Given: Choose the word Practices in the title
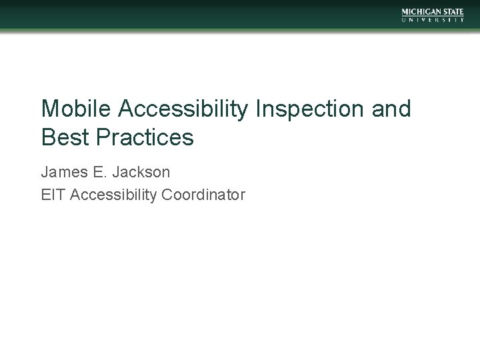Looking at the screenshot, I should pyautogui.click(x=145, y=137).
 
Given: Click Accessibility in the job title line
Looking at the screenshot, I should pyautogui.click(x=111, y=195).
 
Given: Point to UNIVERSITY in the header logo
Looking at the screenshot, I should pyautogui.click(x=434, y=20).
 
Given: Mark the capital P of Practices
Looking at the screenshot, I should pyautogui.click(x=103, y=137).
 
